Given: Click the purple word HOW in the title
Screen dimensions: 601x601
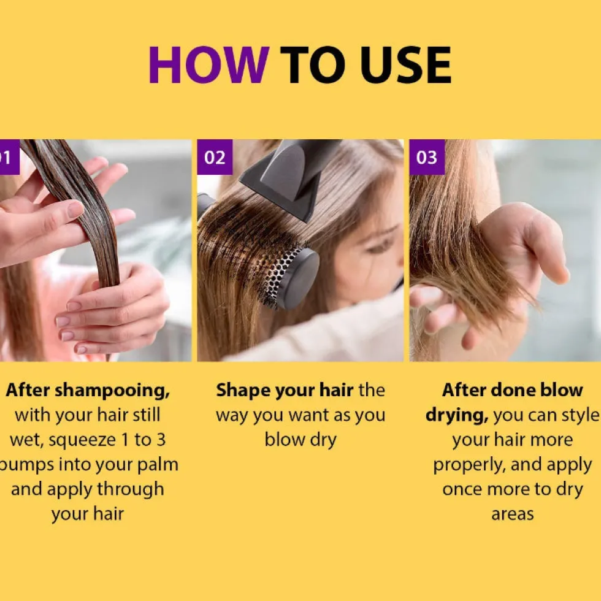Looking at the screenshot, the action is [x=209, y=64].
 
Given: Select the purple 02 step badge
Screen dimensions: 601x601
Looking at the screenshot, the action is [x=215, y=157].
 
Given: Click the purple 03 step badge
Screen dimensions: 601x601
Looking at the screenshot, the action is [x=427, y=157].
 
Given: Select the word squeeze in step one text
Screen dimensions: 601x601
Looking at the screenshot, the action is [x=82, y=440].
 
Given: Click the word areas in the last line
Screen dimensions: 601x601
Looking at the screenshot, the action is [x=513, y=515].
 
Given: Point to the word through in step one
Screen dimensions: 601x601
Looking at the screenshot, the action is [x=130, y=490].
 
